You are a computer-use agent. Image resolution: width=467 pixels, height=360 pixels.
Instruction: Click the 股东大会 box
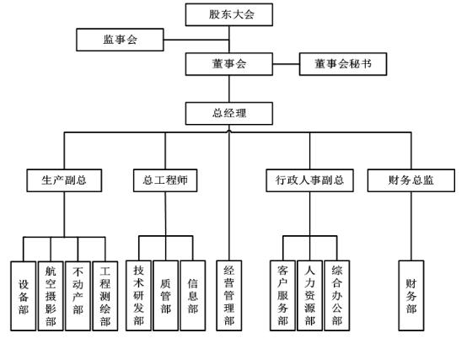pyautogui.click(x=229, y=14)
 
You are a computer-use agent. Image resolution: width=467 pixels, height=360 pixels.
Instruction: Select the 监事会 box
pyautogui.click(x=120, y=40)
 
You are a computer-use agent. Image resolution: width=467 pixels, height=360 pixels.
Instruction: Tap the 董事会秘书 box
pyautogui.click(x=343, y=64)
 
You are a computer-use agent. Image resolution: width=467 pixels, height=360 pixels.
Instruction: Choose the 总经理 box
pyautogui.click(x=229, y=114)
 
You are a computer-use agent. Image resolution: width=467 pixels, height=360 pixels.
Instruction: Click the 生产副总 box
pyautogui.click(x=64, y=180)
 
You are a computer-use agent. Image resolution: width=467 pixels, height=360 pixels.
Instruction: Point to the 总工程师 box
pyautogui.click(x=165, y=180)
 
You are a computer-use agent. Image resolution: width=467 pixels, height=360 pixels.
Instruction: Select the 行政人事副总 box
pyautogui.click(x=309, y=180)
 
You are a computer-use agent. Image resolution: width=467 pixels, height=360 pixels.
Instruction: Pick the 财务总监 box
pyautogui.click(x=411, y=180)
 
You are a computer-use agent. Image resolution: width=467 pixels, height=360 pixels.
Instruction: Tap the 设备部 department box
pyautogui.click(x=24, y=296)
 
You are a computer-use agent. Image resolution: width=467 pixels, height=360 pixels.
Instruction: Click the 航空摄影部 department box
pyautogui.click(x=51, y=296)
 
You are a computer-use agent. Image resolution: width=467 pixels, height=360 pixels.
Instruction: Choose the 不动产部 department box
pyautogui.click(x=78, y=296)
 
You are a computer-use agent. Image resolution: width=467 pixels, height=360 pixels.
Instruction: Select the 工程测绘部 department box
pyautogui.click(x=105, y=296)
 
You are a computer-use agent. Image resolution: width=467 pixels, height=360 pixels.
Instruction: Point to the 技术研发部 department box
pyautogui.click(x=138, y=295)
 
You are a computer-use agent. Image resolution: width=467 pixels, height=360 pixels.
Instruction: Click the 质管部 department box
pyautogui.click(x=165, y=295)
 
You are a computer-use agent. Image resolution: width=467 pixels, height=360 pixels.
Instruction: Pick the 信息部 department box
pyautogui.click(x=193, y=295)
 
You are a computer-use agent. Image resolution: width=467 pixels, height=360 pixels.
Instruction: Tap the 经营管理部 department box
pyautogui.click(x=229, y=295)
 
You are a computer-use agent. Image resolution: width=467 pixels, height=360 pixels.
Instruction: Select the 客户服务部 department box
pyautogui.click(x=282, y=295)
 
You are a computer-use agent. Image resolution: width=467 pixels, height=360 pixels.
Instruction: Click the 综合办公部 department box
pyautogui.click(x=337, y=295)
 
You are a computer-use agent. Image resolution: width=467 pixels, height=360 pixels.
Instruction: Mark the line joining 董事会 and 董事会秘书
pyautogui.click(x=286, y=64)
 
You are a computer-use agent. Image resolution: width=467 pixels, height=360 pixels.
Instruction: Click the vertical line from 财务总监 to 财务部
pyautogui.click(x=411, y=226)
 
